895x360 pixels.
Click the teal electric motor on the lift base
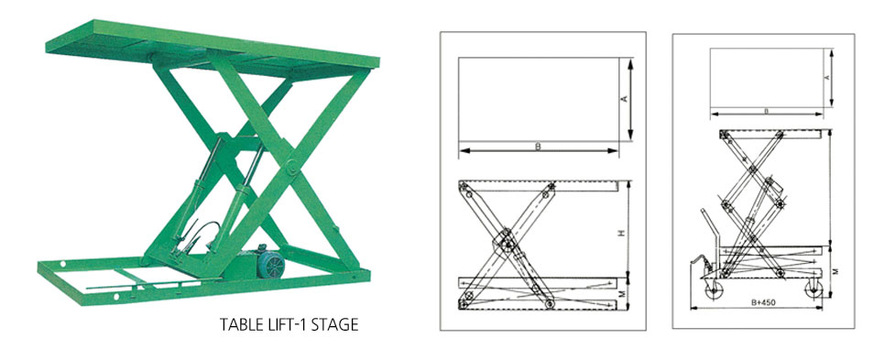coord(268,261)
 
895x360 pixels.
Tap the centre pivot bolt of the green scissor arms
coord(291,167)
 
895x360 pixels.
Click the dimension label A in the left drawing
coord(624,99)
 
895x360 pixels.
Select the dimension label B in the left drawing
coord(538,147)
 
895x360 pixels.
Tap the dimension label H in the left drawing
coord(624,233)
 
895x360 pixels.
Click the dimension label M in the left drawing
coord(624,293)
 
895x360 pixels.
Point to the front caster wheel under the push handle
coord(713,292)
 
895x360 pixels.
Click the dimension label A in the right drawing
coord(827,78)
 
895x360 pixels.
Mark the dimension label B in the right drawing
coord(766,111)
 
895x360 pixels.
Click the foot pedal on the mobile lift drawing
coord(697,264)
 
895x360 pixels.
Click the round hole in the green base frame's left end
coord(62,264)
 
